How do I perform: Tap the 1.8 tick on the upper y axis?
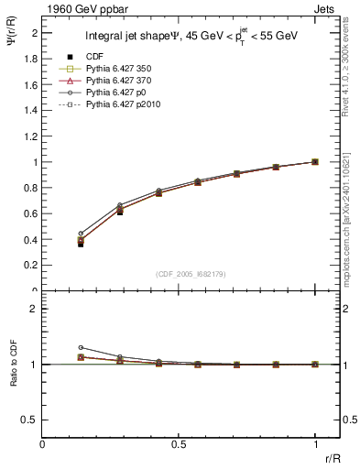point(30,59)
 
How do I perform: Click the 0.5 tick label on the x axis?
point(179,443)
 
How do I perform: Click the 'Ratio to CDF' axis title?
point(15,365)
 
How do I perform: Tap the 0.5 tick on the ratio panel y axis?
point(30,420)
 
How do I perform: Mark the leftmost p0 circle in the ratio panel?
point(81,348)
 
